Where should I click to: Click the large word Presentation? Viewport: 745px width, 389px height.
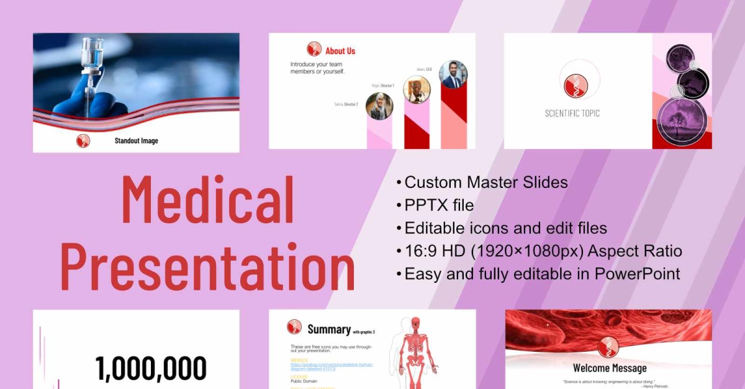point(208,266)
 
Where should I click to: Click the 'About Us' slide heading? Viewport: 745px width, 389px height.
point(340,51)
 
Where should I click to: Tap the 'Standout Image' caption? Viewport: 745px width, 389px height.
point(136,141)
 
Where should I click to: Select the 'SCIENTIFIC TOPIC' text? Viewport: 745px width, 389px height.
point(572,114)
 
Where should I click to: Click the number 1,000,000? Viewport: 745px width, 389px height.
point(151,369)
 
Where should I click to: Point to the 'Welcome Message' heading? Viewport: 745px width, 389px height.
point(609,369)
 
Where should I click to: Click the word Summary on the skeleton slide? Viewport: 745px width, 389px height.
point(329,329)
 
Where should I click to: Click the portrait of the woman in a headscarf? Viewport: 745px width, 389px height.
point(379,106)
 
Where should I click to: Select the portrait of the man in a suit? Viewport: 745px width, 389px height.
point(453,74)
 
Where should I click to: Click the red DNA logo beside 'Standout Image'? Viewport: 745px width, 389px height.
point(83,141)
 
